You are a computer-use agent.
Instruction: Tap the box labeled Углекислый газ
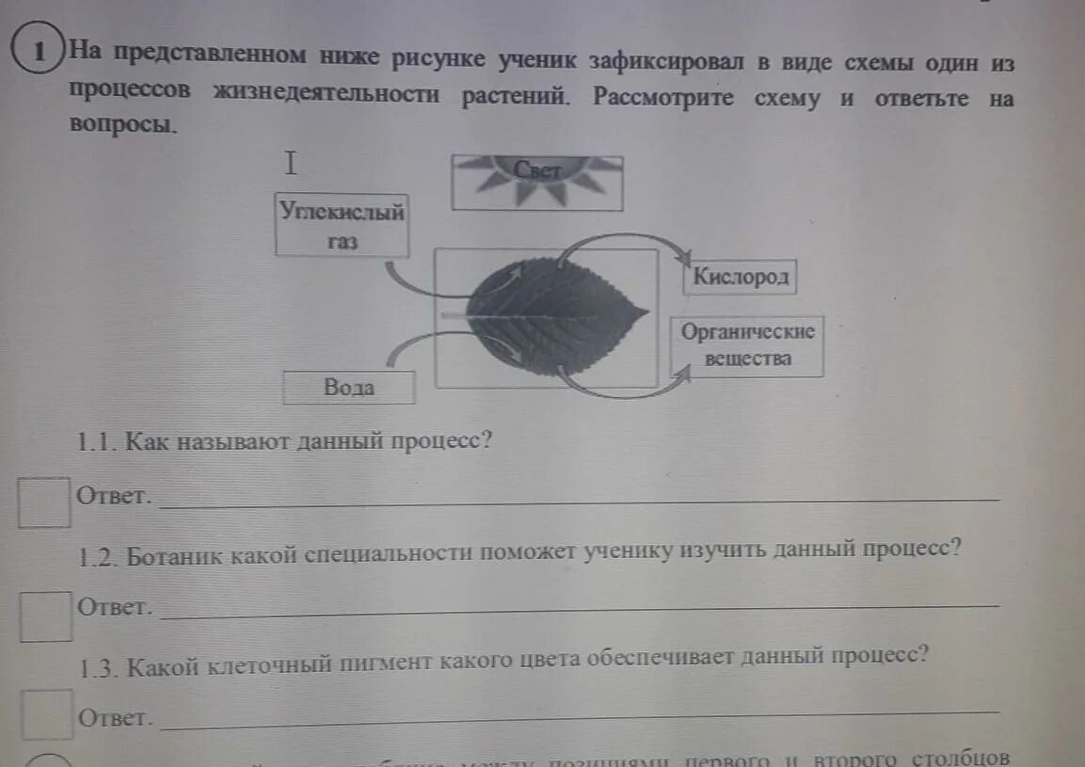[x=343, y=225]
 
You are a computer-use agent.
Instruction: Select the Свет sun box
[x=537, y=182]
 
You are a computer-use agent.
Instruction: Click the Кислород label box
[x=740, y=278]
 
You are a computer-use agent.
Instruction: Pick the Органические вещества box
[x=748, y=345]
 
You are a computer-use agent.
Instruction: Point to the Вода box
[x=349, y=387]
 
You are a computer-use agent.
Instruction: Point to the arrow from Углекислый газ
[x=414, y=282]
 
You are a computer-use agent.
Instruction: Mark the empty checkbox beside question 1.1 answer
[x=44, y=502]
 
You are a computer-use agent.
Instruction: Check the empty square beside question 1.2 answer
[x=46, y=615]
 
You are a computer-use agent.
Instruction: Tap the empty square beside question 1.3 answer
[x=46, y=714]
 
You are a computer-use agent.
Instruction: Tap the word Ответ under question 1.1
[x=115, y=496]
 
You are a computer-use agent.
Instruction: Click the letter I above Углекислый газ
[x=292, y=165]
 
